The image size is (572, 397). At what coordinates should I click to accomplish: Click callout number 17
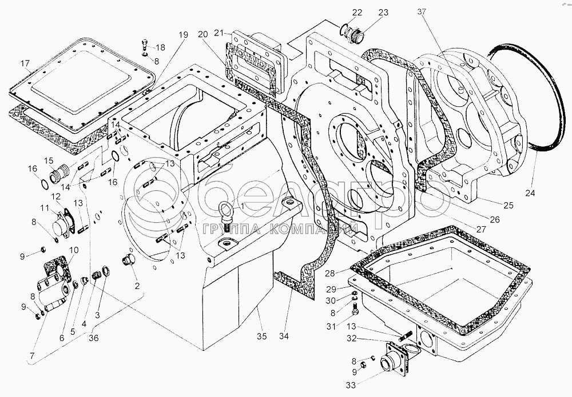point(25,64)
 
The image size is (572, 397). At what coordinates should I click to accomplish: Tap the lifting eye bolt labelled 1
point(225,215)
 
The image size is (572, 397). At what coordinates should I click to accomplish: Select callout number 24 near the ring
point(530,193)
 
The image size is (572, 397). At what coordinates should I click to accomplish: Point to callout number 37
point(422,12)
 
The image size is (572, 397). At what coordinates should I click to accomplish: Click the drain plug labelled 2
point(128,260)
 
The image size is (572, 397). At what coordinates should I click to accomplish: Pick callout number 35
point(261,336)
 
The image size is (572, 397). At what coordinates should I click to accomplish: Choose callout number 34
point(284,336)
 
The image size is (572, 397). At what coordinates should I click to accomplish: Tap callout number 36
point(93,338)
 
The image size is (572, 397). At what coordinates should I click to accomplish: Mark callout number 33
point(351,385)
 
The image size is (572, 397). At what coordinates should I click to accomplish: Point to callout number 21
point(219,33)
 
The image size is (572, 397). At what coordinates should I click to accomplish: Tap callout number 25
point(508,205)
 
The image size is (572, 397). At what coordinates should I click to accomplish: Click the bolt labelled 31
point(355,309)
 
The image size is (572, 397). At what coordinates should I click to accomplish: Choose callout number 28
point(331,273)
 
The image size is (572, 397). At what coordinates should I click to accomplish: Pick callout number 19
point(183,35)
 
